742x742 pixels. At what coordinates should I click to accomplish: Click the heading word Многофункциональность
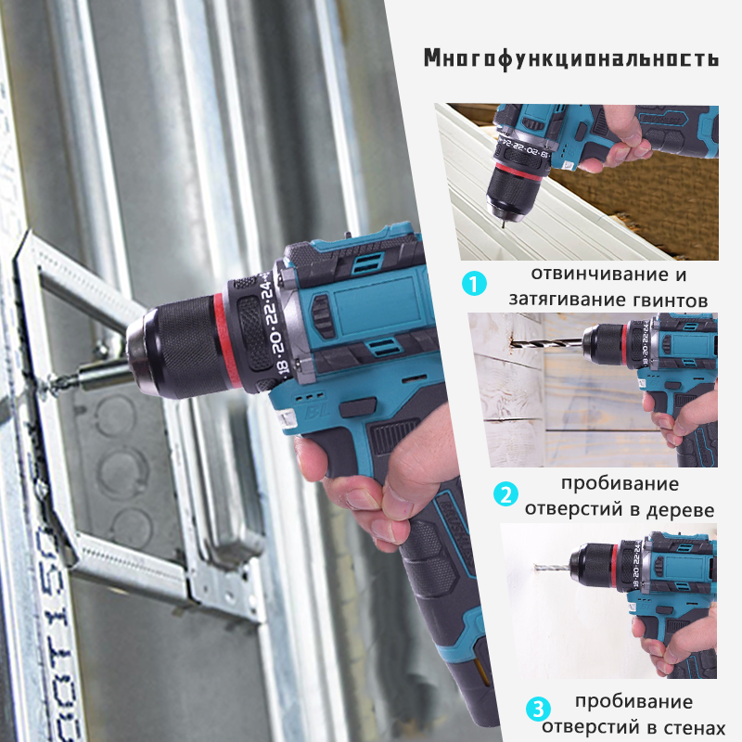570,58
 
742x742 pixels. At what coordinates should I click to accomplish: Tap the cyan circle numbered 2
505,494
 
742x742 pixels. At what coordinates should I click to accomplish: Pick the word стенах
685,728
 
